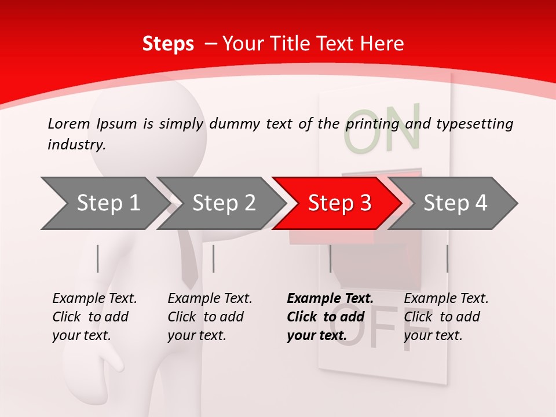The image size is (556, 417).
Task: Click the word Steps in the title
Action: [168, 44]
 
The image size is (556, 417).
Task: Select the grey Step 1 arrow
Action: [104, 203]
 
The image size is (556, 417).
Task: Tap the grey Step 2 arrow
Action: [222, 203]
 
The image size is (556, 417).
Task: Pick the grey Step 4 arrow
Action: [454, 203]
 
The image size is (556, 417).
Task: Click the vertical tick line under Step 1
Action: [97, 258]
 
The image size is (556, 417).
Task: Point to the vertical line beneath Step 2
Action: [214, 258]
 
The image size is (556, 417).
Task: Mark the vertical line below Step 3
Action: [330, 258]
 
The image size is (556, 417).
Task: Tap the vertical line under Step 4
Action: [447, 258]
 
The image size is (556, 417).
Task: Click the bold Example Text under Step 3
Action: [330, 299]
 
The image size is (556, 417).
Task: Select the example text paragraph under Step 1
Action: [94, 317]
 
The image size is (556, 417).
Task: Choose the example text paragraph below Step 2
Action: [210, 317]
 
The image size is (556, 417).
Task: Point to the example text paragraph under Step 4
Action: [446, 317]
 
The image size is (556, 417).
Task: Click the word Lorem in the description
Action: [69, 124]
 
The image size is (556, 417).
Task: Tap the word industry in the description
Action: [76, 145]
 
